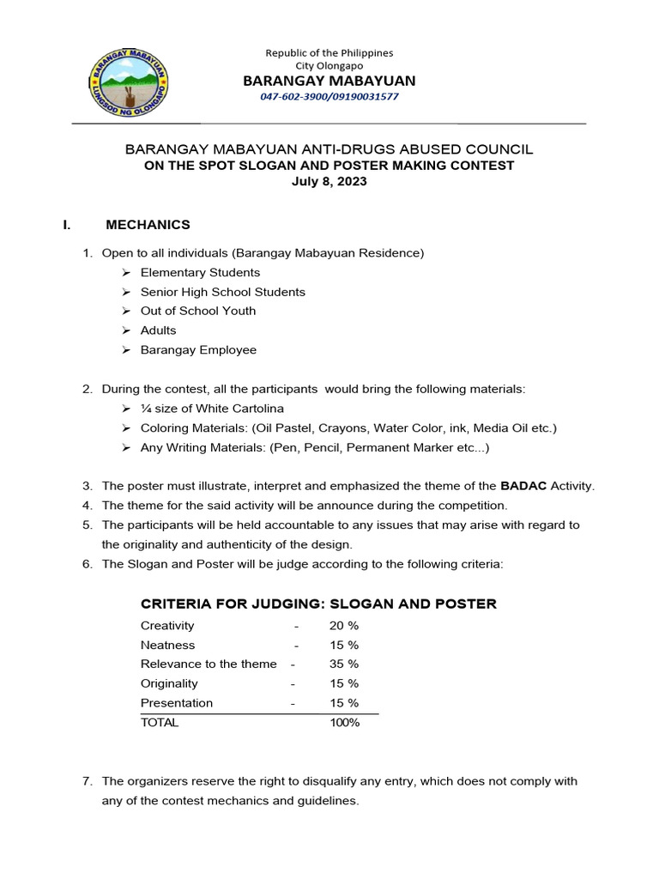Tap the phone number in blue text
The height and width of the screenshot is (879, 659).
(329, 96)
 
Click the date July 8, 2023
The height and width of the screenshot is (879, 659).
(329, 181)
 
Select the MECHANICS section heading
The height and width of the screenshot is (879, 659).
(148, 225)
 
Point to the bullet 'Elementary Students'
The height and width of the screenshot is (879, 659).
(199, 272)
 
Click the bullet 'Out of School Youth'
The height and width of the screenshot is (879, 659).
(198, 311)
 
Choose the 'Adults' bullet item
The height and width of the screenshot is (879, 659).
(159, 330)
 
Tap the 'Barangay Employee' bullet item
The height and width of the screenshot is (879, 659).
(198, 350)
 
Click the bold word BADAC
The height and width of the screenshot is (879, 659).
(523, 486)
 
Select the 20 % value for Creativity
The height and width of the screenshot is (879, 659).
(343, 626)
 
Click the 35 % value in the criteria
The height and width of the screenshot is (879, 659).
(343, 664)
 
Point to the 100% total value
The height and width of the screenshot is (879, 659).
(344, 723)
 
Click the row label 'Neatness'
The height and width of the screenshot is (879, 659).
(168, 645)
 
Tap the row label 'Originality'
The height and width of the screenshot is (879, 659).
(169, 683)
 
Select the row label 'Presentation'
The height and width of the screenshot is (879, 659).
(177, 703)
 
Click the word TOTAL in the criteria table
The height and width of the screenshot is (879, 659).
(160, 723)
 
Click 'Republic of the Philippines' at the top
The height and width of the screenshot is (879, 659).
(329, 52)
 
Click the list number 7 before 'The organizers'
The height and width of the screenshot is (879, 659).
(87, 781)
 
